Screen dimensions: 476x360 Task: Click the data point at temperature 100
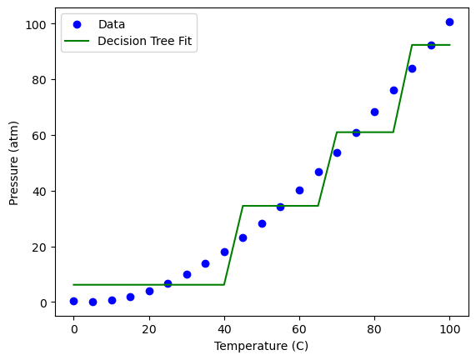449,22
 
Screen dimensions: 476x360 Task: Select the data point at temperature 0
73,301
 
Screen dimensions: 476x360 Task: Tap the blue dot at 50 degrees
262,223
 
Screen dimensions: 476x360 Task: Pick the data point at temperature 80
374,112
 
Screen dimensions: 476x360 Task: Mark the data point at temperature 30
187,274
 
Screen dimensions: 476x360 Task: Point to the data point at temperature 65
318,172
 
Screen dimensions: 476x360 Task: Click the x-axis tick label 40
224,329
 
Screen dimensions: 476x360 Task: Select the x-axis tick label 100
449,329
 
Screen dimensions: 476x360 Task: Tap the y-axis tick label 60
39,136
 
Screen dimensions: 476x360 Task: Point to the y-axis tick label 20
39,247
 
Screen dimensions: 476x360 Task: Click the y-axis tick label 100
36,25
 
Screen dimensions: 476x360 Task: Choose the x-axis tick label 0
74,329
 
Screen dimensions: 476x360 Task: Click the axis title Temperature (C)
262,346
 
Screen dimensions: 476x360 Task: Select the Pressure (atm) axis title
13,163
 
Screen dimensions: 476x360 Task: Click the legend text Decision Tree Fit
144,41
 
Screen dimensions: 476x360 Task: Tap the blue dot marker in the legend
77,25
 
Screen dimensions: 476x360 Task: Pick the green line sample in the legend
77,41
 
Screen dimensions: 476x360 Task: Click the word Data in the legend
112,24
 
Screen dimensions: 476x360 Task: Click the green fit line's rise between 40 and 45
233,245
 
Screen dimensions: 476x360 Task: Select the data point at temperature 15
130,297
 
